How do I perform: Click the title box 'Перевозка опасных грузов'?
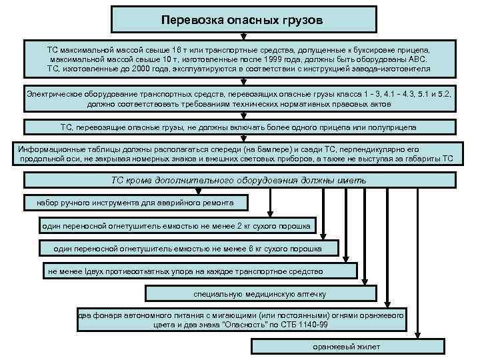click(241, 20)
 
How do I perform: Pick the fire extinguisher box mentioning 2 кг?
click(176, 226)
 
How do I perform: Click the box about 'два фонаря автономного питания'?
click(241, 319)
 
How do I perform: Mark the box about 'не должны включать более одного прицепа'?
click(239, 127)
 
